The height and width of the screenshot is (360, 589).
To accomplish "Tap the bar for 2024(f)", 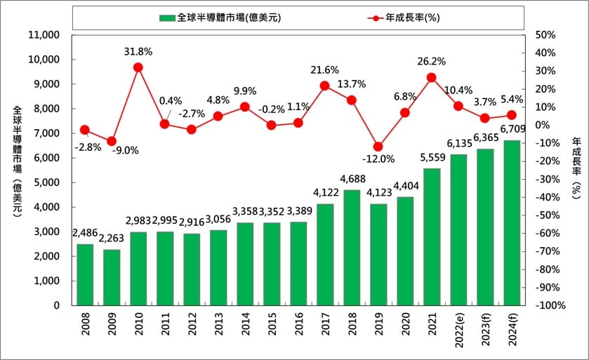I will tap(512, 222).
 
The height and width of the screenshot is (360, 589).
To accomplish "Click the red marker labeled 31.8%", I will tap(138, 67).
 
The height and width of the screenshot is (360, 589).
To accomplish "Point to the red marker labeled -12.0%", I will tap(378, 147).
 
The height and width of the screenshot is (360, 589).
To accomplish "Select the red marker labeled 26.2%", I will tap(432, 77).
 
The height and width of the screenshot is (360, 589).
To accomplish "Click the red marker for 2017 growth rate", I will tap(325, 86).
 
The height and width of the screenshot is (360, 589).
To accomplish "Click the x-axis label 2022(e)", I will tap(458, 331).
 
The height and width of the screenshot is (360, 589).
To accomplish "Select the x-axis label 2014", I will tap(245, 326).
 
